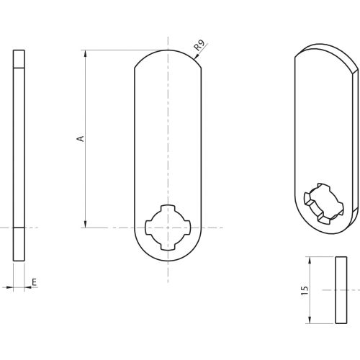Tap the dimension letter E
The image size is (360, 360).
tap(33, 284)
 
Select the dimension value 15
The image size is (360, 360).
tap(305, 289)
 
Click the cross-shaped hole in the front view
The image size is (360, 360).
tap(168, 228)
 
